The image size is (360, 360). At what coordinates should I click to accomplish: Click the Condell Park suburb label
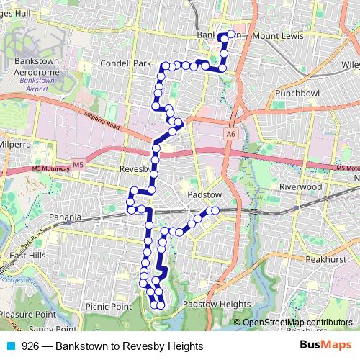(125, 63)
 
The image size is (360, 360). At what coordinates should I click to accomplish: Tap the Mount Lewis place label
(276, 35)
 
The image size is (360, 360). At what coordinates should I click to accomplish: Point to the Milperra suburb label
(16, 144)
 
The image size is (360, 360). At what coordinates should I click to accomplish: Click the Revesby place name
(134, 170)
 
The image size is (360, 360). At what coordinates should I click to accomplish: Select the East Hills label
(27, 256)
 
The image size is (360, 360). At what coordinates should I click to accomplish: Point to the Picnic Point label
(109, 306)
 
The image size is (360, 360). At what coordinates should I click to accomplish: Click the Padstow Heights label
(217, 305)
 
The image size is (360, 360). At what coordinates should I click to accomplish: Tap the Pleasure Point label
(27, 315)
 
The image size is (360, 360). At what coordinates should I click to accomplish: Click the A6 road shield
(230, 134)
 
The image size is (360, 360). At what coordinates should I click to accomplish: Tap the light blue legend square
(9, 346)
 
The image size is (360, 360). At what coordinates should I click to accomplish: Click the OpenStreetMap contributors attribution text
(297, 323)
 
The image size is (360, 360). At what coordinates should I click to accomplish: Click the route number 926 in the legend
(30, 346)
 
